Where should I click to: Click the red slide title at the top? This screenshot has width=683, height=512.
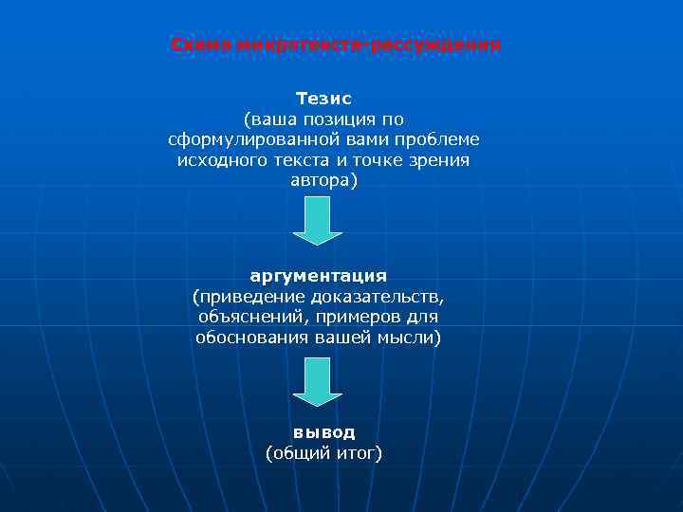tap(336, 46)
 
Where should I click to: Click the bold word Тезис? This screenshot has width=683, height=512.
tap(323, 99)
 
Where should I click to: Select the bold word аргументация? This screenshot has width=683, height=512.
tap(318, 276)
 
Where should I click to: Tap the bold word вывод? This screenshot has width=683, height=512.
tap(323, 432)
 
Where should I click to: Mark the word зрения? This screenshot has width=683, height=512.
tap(440, 160)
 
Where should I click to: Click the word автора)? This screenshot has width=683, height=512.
tap(324, 180)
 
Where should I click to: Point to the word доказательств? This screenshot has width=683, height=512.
tap(369, 297)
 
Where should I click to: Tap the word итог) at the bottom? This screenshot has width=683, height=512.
tap(356, 453)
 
